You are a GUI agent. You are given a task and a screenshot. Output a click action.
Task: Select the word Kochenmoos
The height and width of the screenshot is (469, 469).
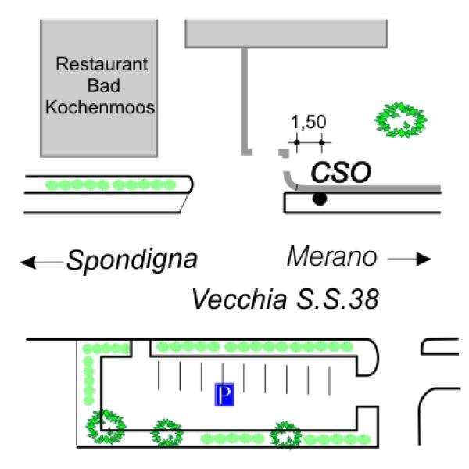click(99, 108)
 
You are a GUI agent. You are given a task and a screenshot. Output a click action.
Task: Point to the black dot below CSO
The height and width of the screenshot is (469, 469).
click(319, 200)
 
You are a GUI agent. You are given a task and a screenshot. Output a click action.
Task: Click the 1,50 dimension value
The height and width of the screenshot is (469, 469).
click(308, 123)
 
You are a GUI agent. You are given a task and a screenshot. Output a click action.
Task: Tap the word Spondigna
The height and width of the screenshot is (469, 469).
click(131, 260)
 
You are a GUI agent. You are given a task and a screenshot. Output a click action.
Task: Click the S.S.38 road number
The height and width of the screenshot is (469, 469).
click(342, 299)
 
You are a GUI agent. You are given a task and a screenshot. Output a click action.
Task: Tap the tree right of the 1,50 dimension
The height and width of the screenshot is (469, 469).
click(402, 119)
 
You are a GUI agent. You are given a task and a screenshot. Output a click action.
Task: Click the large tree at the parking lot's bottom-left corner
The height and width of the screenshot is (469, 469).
click(105, 424)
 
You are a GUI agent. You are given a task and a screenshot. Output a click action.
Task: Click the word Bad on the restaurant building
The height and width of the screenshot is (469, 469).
click(99, 86)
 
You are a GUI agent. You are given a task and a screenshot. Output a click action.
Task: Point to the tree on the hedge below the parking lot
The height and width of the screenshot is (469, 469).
click(285, 435)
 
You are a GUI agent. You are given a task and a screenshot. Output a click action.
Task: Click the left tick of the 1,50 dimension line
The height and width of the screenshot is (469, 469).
click(296, 142)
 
